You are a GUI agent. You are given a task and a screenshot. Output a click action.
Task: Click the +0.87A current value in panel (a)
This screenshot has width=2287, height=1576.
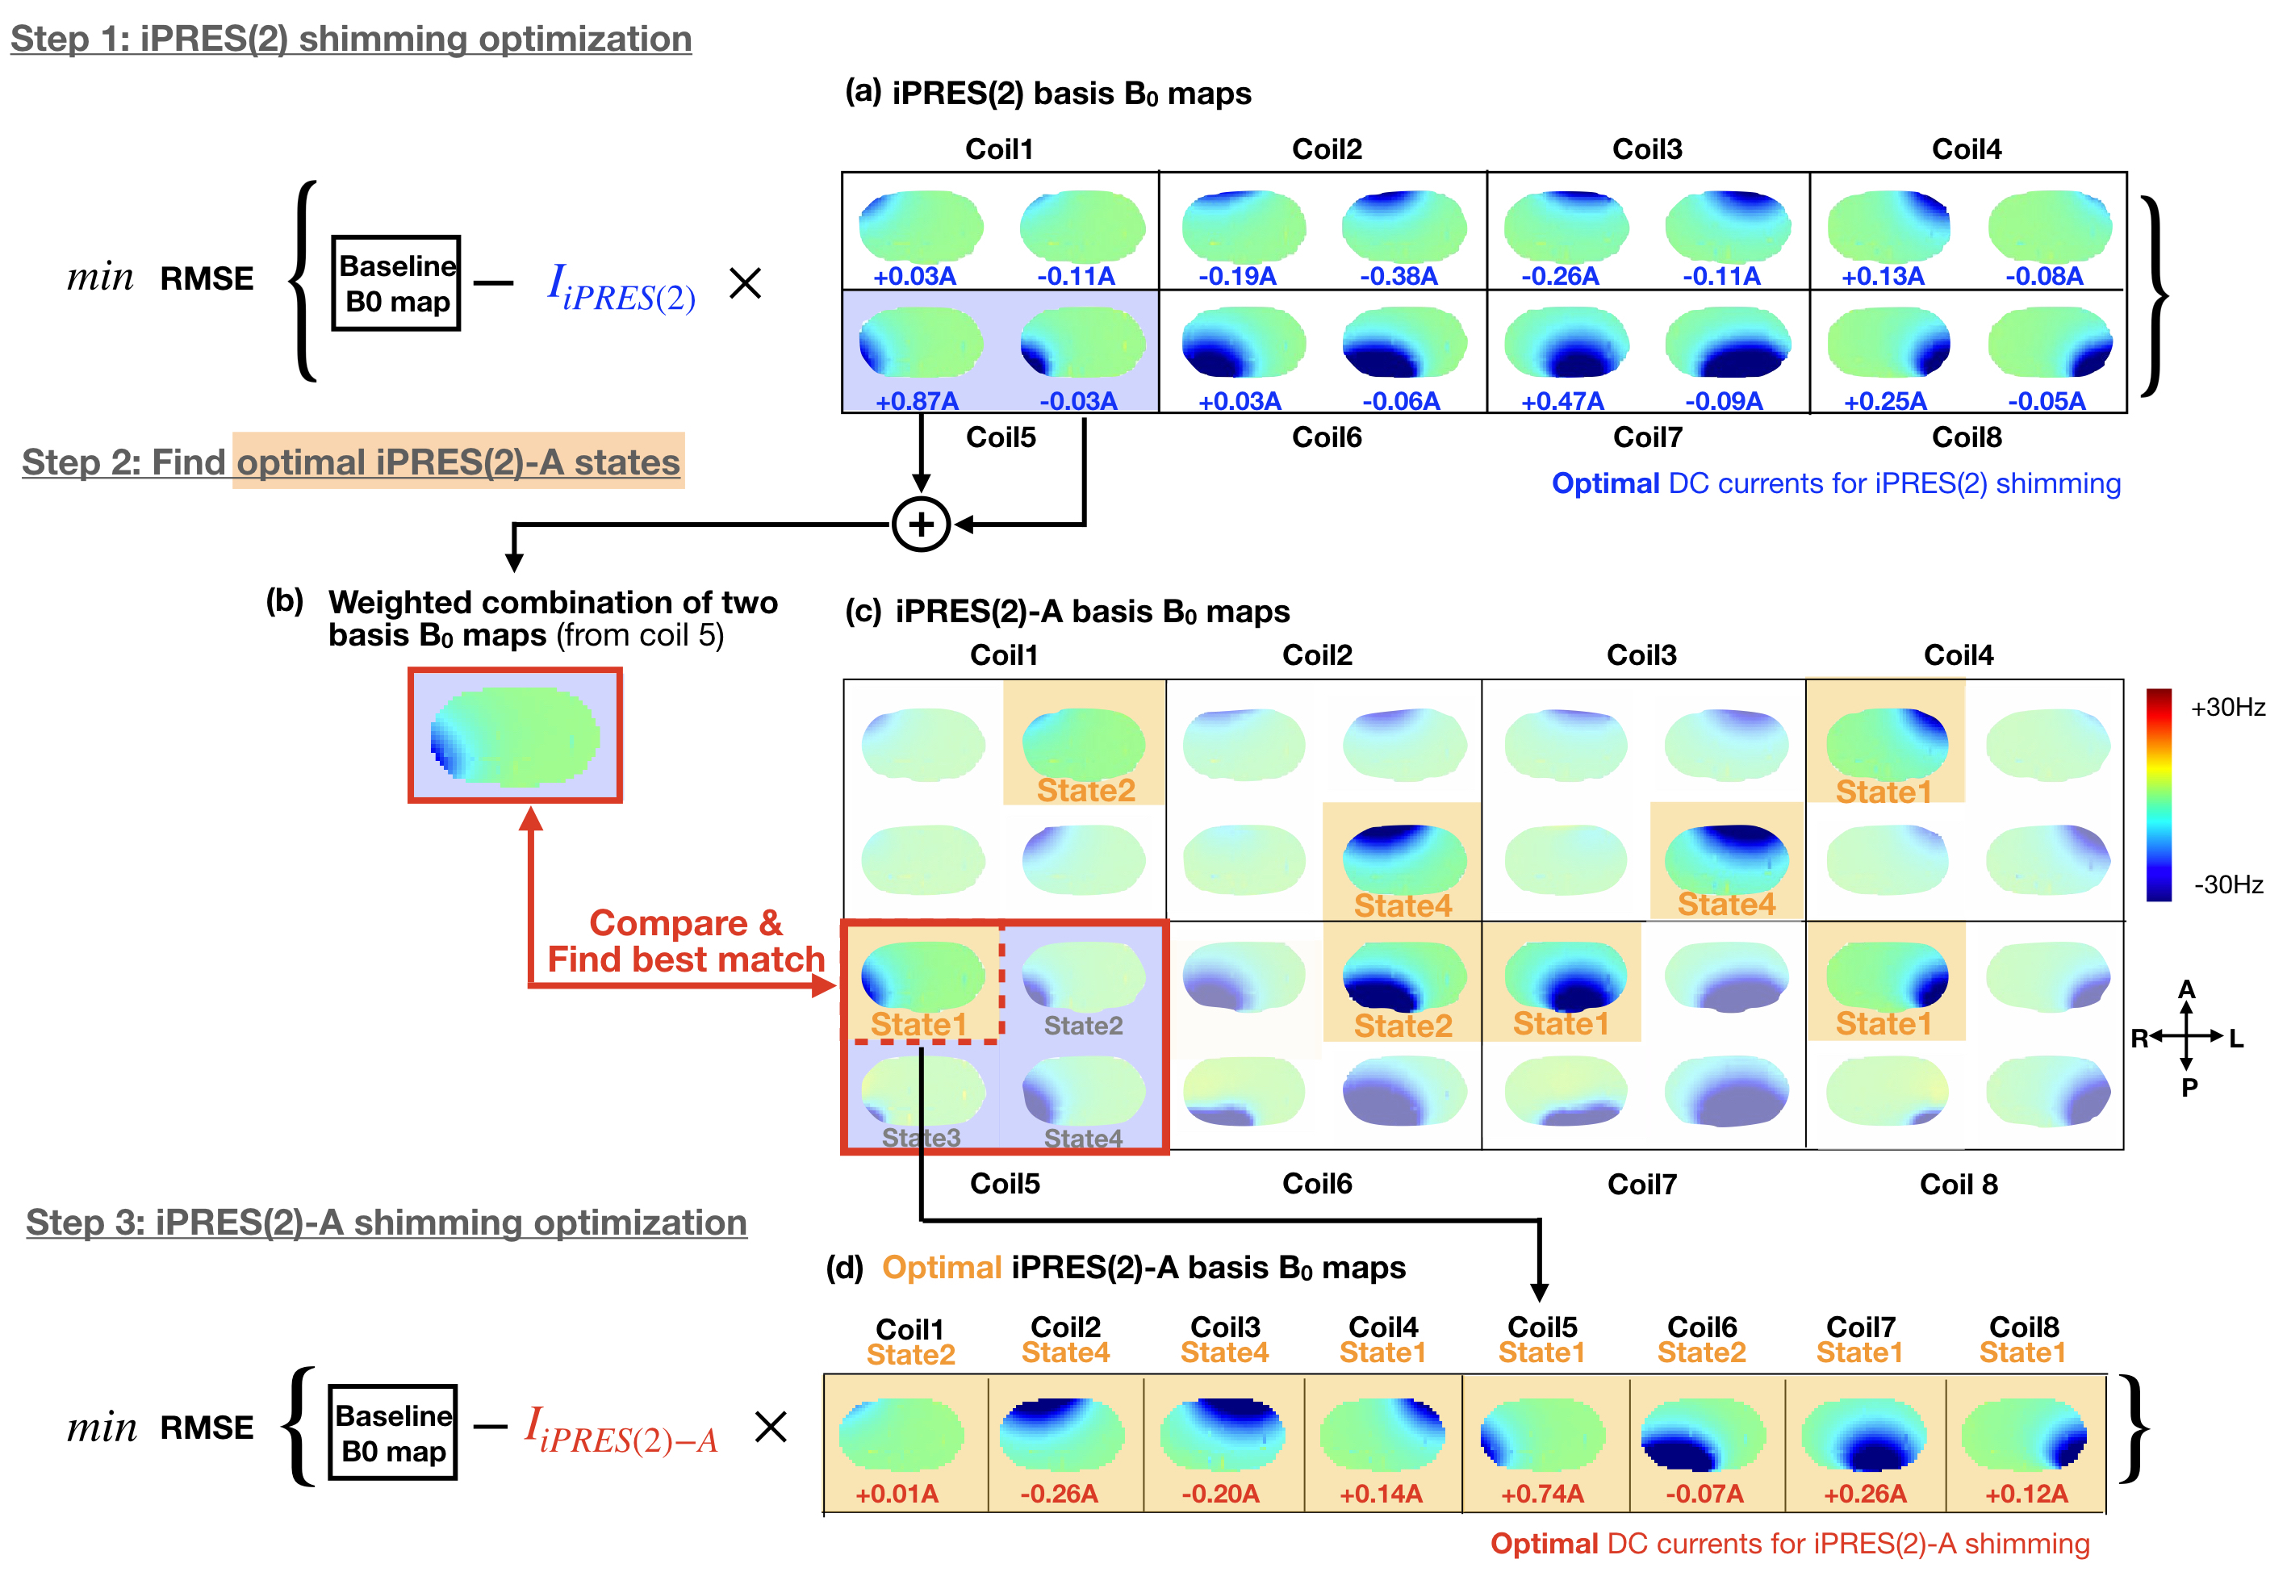[x=917, y=401]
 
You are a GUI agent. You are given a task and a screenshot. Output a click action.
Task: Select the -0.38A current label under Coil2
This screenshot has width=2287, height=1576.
[x=1399, y=277]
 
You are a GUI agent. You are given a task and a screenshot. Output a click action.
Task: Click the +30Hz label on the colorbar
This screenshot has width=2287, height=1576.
[x=2226, y=707]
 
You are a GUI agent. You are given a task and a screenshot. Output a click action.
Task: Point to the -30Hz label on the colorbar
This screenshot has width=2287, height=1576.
[x=2228, y=884]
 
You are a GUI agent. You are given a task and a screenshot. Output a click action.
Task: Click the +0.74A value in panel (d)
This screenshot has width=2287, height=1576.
[x=1541, y=1494]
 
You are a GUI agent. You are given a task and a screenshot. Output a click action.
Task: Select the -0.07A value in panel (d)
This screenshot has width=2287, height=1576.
[x=1704, y=1494]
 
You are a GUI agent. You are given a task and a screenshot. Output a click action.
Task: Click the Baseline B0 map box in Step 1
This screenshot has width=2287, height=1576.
[x=396, y=283]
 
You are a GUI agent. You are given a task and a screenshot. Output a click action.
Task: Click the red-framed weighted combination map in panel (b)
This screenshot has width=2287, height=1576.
[x=515, y=736]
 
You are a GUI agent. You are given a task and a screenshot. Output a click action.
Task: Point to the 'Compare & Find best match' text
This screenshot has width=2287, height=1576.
[x=685, y=941]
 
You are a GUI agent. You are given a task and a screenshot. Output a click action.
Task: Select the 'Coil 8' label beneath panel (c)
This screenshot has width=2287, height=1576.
[x=1959, y=1184]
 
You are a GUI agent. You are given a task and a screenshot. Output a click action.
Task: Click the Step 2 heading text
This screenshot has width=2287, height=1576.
[x=350, y=462]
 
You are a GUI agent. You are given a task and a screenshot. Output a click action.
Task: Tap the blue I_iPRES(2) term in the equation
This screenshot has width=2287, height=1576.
[x=621, y=287]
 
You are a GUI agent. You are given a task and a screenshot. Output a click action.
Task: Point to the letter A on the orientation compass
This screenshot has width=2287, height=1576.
[x=2186, y=989]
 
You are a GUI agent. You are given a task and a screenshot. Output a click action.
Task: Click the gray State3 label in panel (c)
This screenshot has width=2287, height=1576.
[x=920, y=1138]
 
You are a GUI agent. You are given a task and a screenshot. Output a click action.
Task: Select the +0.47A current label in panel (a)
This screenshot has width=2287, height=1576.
[x=1562, y=401]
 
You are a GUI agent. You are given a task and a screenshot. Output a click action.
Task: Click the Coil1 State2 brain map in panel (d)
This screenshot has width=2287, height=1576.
[x=901, y=1435]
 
